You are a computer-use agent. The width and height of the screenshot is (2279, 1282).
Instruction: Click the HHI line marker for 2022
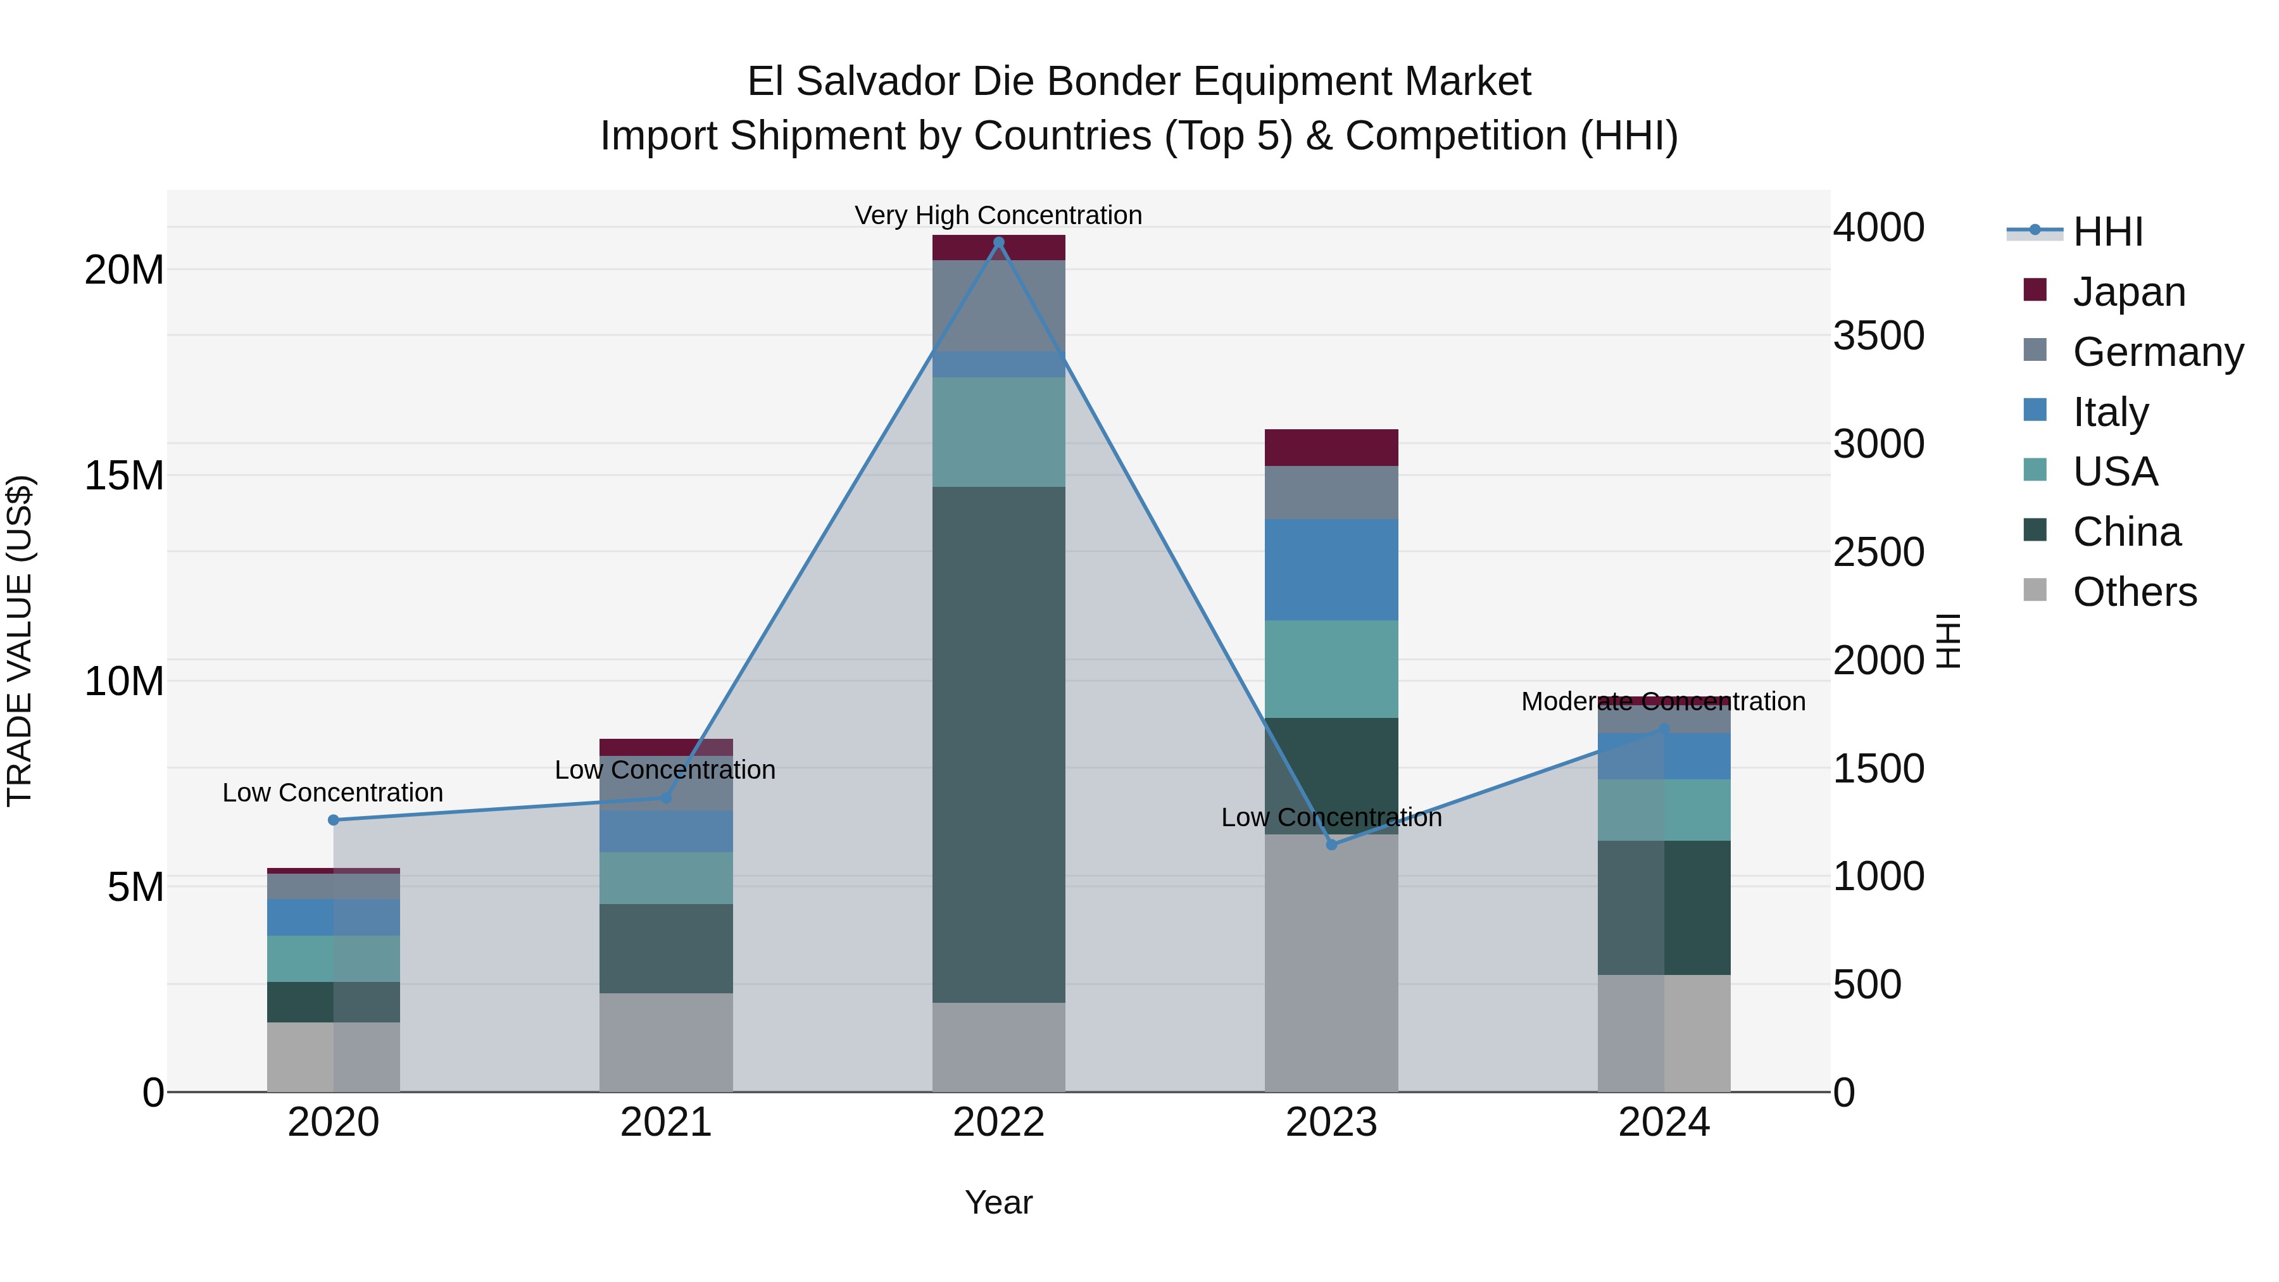coord(999,242)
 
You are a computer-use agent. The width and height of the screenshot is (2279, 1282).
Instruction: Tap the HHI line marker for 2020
coord(334,820)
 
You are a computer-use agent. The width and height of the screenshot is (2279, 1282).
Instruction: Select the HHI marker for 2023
coord(1331,845)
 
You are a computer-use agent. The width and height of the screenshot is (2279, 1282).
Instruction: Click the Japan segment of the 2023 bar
coord(1331,448)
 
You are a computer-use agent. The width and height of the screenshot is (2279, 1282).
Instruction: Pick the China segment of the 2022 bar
coord(999,743)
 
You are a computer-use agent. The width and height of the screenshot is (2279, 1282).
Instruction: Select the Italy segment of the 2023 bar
coord(1331,570)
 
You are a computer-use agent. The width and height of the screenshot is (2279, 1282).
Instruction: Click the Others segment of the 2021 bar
coord(666,1042)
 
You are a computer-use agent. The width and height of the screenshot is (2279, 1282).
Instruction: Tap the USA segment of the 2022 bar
coord(999,432)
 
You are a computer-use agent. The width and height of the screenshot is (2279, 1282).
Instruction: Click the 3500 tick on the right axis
coord(1878,336)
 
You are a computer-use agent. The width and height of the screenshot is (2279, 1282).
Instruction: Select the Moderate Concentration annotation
coord(1663,701)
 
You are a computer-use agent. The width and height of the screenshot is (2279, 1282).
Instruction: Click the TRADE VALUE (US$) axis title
coord(20,641)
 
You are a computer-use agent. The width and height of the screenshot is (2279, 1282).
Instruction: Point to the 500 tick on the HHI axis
coord(1867,984)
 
